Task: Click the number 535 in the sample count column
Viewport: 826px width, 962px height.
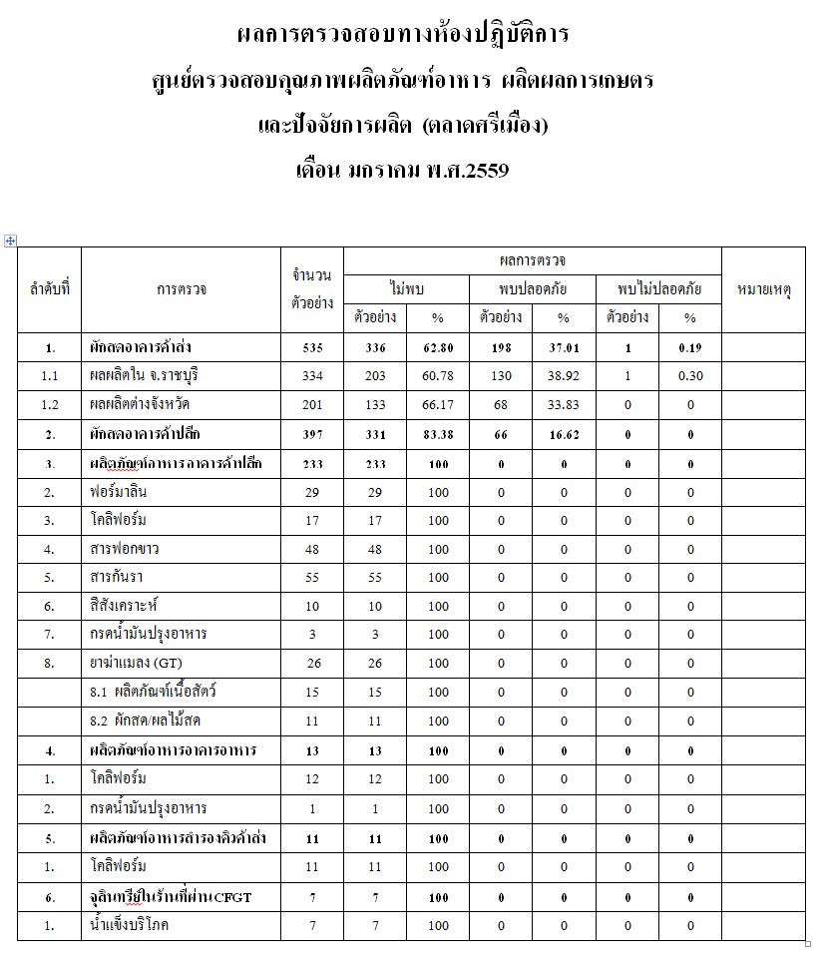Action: click(x=311, y=347)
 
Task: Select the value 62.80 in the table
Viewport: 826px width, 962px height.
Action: click(x=437, y=347)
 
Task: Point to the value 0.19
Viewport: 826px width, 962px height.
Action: click(x=689, y=347)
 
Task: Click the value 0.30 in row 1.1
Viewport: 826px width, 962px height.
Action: click(x=689, y=376)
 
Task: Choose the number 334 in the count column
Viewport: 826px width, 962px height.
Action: click(x=311, y=376)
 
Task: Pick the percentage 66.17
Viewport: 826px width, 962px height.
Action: click(x=437, y=405)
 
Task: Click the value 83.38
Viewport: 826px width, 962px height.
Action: click(x=437, y=434)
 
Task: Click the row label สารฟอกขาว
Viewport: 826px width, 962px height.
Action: click(x=122, y=550)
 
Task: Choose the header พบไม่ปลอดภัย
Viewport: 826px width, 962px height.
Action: click(x=658, y=289)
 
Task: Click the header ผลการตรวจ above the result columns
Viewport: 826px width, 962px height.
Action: click(x=532, y=260)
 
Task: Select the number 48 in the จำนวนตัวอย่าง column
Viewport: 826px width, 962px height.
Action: click(x=311, y=550)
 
